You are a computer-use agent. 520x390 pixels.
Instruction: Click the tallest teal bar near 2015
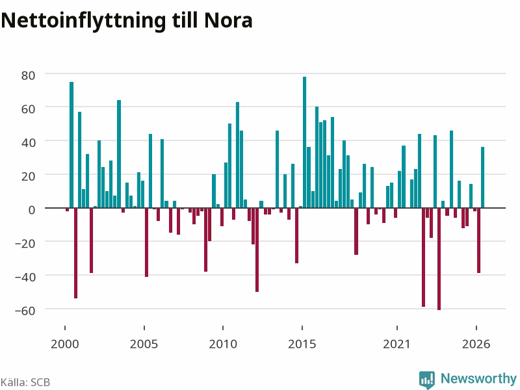tap(304, 142)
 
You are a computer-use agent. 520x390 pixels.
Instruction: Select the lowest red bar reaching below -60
tap(439, 259)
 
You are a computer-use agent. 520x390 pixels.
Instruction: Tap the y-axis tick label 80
tap(28, 75)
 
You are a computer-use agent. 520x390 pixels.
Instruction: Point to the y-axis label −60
tap(25, 311)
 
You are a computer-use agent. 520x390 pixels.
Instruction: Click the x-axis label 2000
tap(64, 344)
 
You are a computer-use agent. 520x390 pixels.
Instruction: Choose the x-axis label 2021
tap(396, 344)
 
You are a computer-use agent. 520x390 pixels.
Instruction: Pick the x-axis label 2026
tap(476, 344)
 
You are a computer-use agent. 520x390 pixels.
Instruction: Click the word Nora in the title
tap(229, 21)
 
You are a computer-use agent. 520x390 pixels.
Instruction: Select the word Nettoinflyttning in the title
tap(83, 21)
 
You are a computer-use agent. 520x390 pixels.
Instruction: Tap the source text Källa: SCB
tap(25, 382)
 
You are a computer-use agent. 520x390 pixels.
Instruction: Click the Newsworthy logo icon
tap(427, 380)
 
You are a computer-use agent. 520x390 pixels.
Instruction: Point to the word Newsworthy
tap(478, 378)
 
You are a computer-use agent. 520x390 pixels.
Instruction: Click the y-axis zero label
tap(32, 210)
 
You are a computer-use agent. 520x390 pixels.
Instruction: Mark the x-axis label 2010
tap(223, 344)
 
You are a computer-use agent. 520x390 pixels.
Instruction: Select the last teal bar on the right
tap(482, 177)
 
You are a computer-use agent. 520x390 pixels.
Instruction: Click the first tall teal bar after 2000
tap(71, 145)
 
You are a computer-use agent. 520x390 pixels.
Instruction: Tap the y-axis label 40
tap(28, 143)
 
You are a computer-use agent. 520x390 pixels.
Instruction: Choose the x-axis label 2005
tap(144, 344)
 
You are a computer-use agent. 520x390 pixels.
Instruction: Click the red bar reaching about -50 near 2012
tap(257, 250)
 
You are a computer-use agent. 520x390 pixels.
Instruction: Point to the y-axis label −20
tap(25, 244)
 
